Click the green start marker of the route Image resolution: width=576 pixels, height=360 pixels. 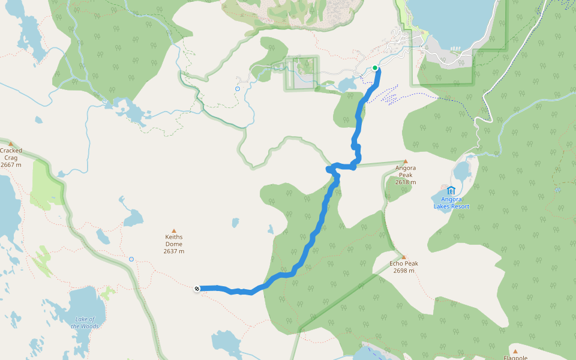(x=375, y=68)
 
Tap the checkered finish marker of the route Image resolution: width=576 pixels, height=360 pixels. (x=197, y=289)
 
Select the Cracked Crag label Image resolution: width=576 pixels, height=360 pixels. (x=11, y=154)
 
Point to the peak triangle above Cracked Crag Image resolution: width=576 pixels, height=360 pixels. (x=10, y=143)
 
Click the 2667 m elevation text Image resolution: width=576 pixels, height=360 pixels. (x=11, y=165)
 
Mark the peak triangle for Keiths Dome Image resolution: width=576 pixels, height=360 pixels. (x=174, y=230)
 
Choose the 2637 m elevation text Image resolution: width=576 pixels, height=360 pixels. (x=174, y=251)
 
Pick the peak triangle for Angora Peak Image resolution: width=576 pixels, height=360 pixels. (x=406, y=161)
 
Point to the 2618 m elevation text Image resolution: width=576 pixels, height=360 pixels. (x=406, y=182)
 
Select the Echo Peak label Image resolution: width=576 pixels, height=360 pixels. (x=404, y=263)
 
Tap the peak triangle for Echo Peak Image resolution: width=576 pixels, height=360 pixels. (x=404, y=256)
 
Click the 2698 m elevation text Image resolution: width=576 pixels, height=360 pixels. (x=404, y=271)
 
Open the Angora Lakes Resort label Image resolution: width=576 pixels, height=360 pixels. (x=451, y=203)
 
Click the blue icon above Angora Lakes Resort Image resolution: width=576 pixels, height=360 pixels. (x=451, y=191)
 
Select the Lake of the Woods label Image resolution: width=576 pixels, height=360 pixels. (x=85, y=323)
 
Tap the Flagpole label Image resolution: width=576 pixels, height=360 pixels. (x=515, y=358)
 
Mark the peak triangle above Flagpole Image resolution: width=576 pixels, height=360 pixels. (x=515, y=351)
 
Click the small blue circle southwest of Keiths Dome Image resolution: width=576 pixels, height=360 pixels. (x=131, y=259)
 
